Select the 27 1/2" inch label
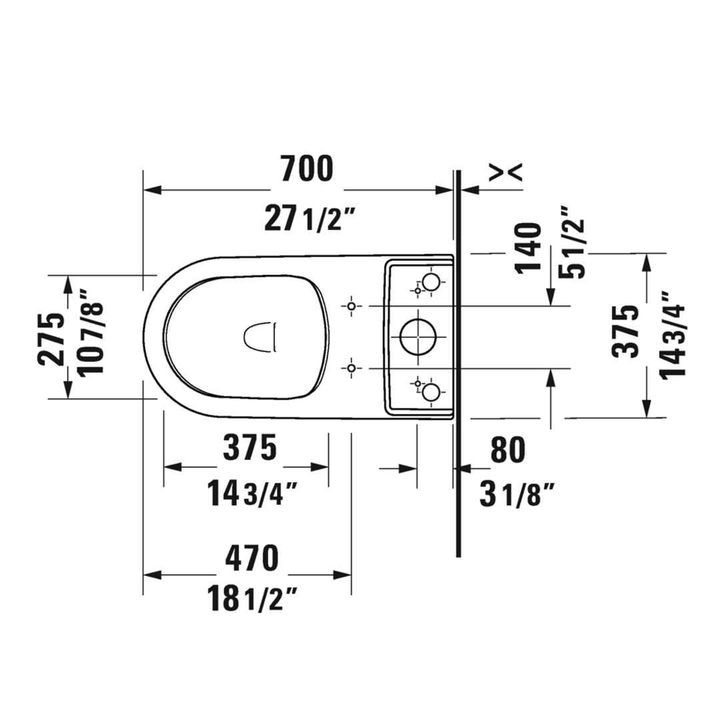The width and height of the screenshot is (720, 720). point(308,219)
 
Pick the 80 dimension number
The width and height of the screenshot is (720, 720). point(508,451)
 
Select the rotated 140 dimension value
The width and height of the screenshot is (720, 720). point(528,248)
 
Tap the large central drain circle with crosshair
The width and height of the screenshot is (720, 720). point(418,337)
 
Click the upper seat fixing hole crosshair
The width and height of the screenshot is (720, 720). point(352,305)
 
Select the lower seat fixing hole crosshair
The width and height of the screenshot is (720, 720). point(352,368)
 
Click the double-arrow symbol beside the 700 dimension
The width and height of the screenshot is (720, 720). point(506,172)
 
